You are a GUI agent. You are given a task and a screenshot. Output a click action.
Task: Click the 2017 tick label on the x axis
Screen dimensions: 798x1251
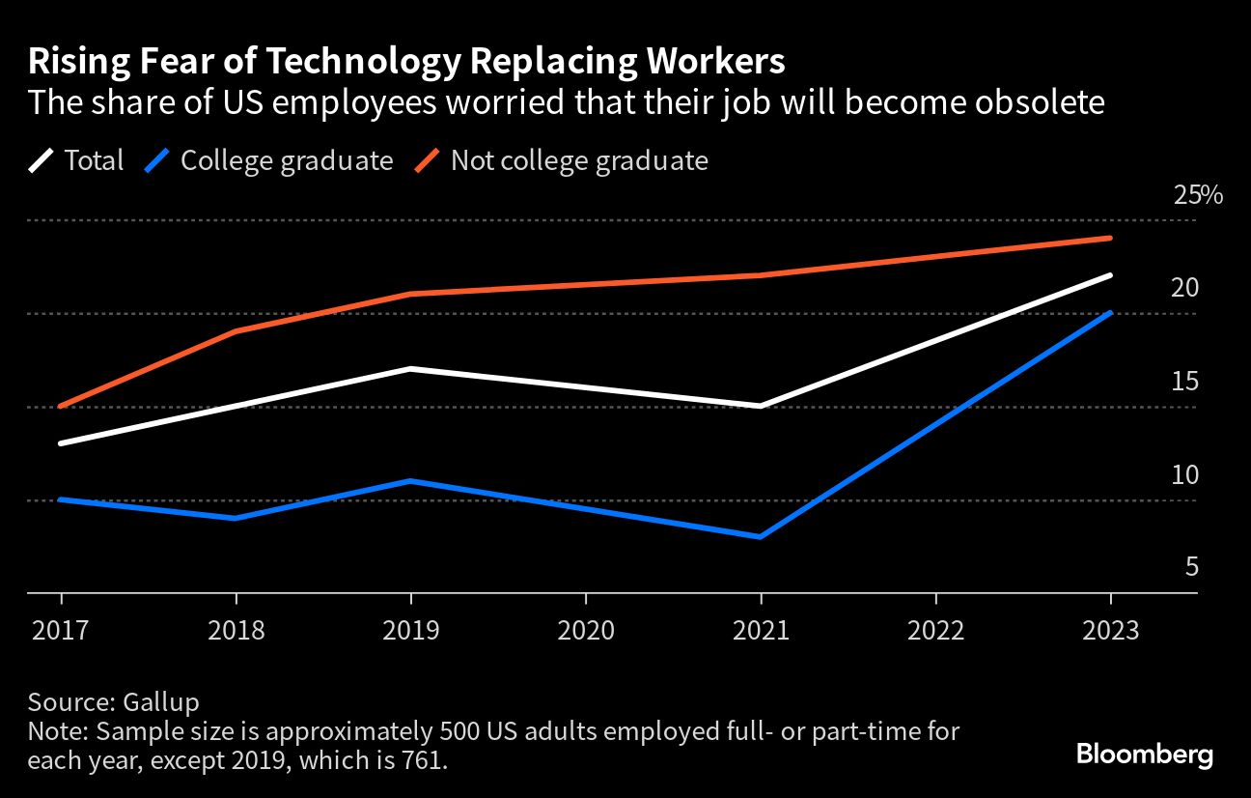point(61,631)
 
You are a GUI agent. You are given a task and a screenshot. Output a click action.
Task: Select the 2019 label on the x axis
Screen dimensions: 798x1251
point(411,631)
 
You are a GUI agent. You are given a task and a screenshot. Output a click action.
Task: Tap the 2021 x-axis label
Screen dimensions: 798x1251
point(761,631)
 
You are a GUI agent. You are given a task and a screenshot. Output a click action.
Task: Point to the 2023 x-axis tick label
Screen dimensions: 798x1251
point(1111,631)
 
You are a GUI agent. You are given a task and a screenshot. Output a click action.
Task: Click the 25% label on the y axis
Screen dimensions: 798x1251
point(1198,196)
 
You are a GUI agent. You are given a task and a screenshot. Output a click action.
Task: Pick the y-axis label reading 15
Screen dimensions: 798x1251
point(1184,382)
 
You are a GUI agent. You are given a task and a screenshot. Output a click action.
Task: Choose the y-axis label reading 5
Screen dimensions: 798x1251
point(1191,567)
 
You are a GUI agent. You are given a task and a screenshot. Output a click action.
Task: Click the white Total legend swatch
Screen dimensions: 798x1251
point(42,160)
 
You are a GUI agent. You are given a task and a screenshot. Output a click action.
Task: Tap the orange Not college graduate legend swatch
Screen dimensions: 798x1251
point(428,160)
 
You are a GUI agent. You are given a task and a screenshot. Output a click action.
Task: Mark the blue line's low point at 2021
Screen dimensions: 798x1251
point(761,537)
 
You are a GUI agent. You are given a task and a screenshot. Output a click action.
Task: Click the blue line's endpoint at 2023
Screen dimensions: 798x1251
point(1111,313)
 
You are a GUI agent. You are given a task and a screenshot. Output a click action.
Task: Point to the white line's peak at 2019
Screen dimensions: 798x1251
point(411,369)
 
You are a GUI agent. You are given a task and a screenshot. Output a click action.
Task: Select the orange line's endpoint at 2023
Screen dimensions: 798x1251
point(1111,239)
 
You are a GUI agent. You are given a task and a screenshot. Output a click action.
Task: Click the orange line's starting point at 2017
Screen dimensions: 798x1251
point(61,407)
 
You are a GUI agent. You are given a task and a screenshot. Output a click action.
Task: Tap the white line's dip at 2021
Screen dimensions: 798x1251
point(761,407)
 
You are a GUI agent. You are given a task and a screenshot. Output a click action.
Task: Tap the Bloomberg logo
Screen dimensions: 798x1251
point(1145,755)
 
